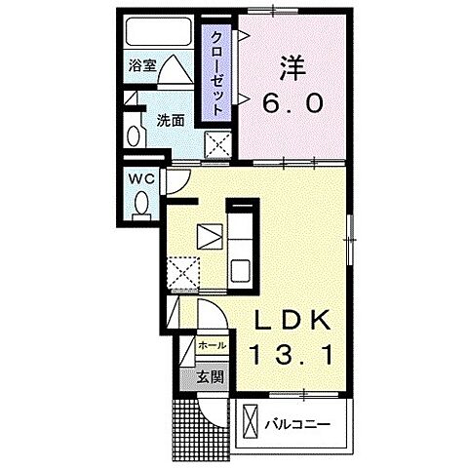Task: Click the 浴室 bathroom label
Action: [143, 66]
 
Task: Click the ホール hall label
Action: [212, 346]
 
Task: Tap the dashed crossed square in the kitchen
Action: [182, 270]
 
